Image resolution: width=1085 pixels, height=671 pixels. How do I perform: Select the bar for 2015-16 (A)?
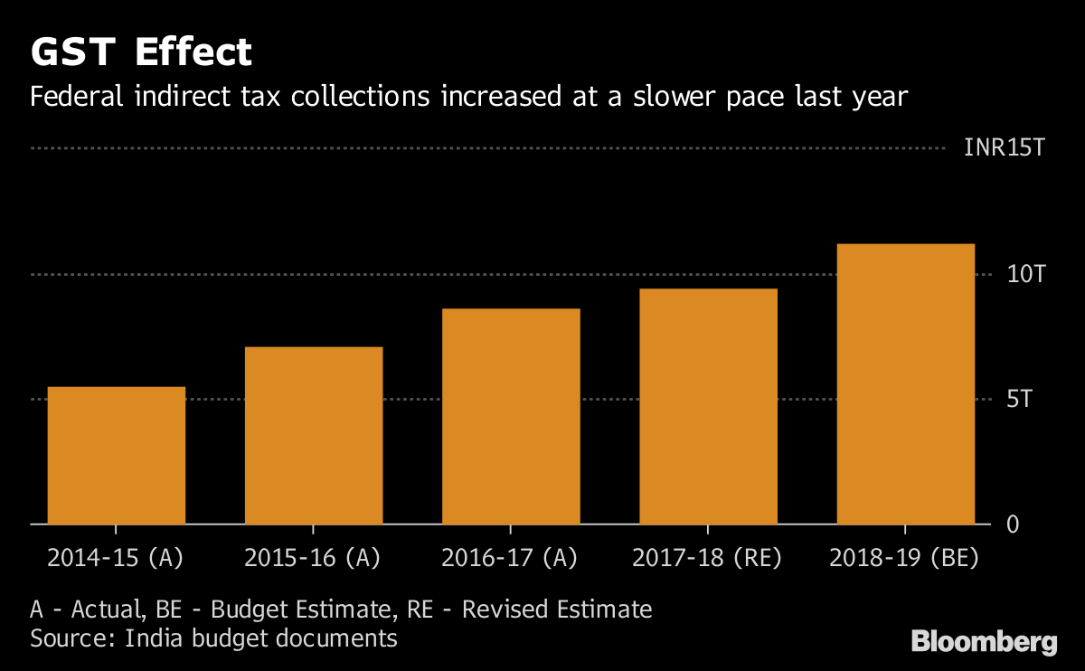click(x=313, y=435)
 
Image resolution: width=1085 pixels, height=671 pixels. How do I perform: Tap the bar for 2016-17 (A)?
click(x=511, y=416)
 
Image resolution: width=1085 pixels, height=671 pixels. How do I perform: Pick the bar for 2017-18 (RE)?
click(x=708, y=406)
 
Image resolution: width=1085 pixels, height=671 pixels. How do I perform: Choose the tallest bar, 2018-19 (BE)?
click(x=905, y=383)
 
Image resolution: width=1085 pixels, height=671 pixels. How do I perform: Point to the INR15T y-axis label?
click(x=1004, y=147)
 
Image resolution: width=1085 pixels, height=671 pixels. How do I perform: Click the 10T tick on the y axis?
click(x=1025, y=274)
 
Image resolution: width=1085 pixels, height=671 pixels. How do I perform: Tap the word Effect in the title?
click(x=193, y=53)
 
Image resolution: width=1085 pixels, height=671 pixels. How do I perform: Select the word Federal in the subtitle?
click(x=71, y=96)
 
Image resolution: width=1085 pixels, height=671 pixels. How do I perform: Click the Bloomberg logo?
click(x=984, y=643)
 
